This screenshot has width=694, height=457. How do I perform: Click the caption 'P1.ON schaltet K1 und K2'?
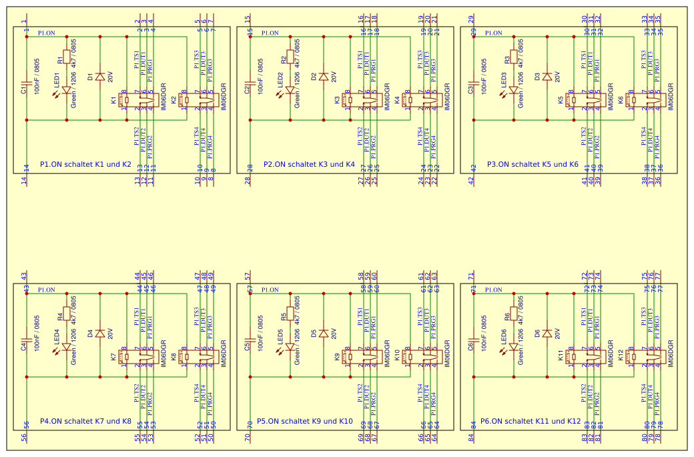coord(85,164)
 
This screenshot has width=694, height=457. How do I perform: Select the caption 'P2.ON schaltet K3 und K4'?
coord(309,164)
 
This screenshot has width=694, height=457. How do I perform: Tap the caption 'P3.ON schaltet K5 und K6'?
coord(533,164)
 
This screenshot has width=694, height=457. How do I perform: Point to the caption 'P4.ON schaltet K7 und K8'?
coord(85,421)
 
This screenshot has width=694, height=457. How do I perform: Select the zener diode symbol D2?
coord(324,77)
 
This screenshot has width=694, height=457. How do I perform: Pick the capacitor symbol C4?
coord(27,347)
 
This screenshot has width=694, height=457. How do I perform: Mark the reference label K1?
coord(113,101)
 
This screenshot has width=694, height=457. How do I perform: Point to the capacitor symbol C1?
coord(27,90)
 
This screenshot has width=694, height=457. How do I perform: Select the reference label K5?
coord(561,101)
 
